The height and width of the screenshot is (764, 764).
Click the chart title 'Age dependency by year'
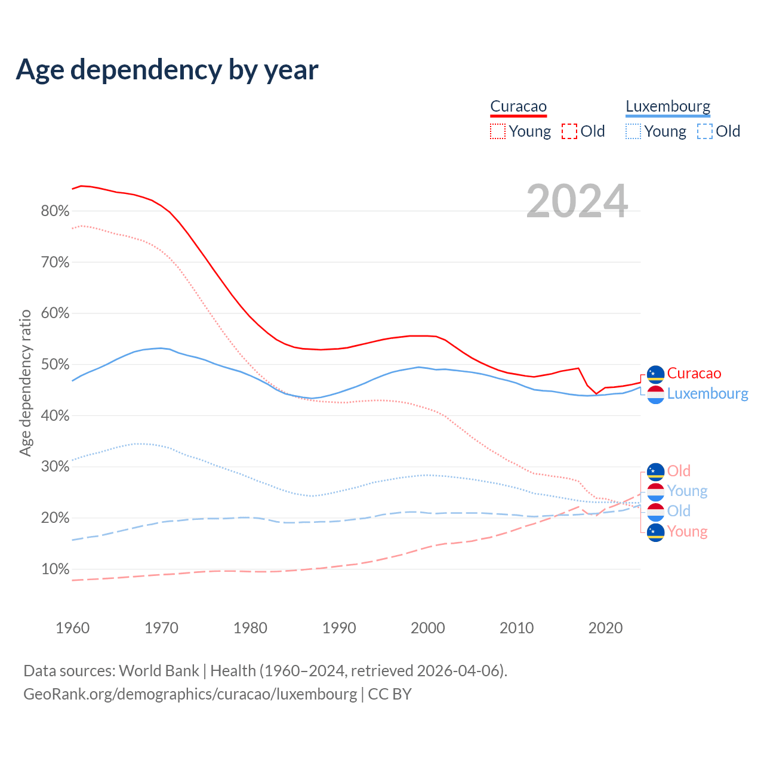click(x=167, y=70)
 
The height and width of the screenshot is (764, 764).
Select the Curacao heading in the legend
click(x=518, y=107)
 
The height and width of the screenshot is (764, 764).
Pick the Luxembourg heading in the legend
click(x=668, y=107)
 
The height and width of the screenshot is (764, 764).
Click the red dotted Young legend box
click(x=498, y=131)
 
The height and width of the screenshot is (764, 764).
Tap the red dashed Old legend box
click(x=569, y=131)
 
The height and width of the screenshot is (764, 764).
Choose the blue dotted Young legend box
click(x=633, y=131)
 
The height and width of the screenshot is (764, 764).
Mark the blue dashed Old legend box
click(x=705, y=131)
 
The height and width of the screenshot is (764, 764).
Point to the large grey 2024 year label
click(x=577, y=201)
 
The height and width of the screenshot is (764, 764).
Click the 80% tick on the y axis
click(x=55, y=211)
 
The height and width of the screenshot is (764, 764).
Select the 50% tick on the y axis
click(x=55, y=365)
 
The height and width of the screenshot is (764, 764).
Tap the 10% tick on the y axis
click(x=55, y=569)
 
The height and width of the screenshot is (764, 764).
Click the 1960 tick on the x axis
click(x=72, y=628)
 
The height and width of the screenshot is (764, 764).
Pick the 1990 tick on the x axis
click(x=339, y=628)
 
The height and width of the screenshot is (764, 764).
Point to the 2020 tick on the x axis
click(x=605, y=628)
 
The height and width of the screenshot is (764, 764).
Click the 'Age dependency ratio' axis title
click(x=26, y=383)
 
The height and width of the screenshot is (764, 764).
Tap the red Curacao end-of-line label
click(x=694, y=374)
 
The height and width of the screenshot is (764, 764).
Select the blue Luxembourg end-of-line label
click(x=707, y=394)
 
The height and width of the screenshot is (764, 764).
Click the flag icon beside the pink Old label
click(x=655, y=472)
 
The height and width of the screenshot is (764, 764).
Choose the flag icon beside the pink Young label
click(x=655, y=532)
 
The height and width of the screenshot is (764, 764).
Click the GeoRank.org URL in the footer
click(x=190, y=694)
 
